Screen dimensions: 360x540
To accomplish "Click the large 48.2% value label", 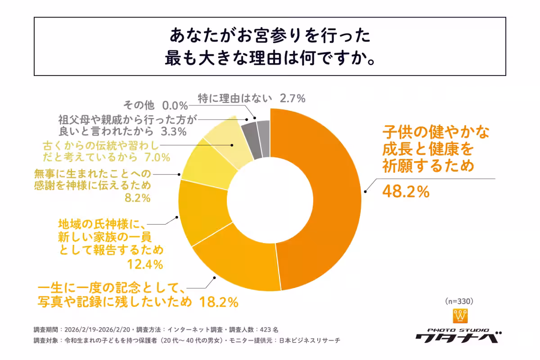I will [x=406, y=192].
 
